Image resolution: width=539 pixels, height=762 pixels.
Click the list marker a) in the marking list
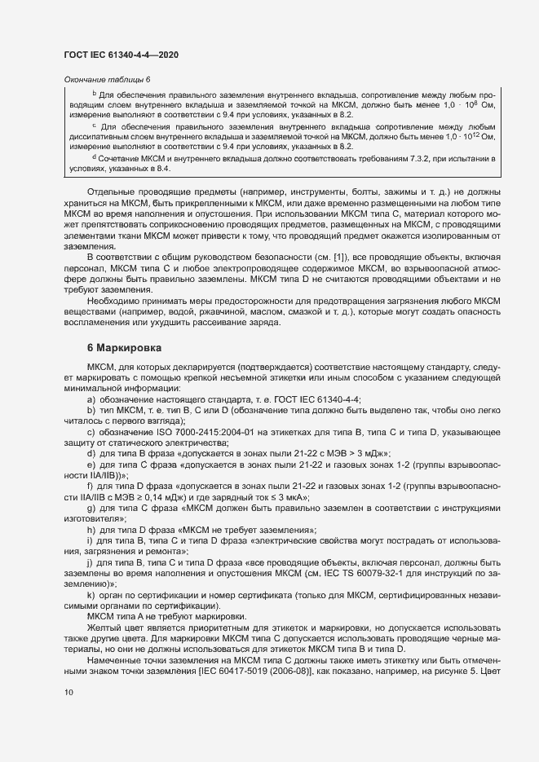click(x=91, y=399)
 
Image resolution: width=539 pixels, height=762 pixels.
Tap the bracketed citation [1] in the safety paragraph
click(x=315, y=258)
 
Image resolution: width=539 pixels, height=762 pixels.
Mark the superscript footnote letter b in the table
click(x=94, y=95)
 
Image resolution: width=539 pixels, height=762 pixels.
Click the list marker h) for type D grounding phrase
click(x=91, y=529)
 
